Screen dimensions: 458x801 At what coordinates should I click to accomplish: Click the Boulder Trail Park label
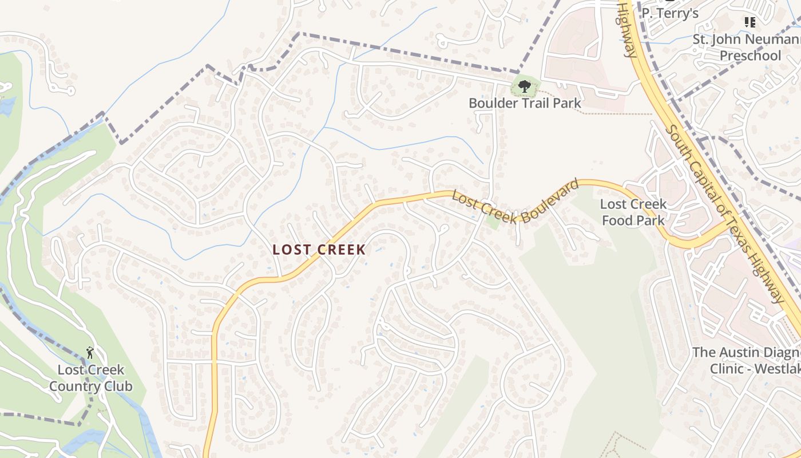click(525, 103)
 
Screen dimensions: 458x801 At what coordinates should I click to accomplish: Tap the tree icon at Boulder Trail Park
click(524, 87)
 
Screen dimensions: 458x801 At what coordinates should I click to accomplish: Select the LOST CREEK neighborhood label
click(319, 250)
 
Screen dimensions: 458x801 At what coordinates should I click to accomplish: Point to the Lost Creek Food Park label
click(633, 212)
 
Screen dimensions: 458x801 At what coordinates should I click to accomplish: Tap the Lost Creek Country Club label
click(90, 378)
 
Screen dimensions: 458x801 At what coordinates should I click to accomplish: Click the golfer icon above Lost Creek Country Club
click(89, 352)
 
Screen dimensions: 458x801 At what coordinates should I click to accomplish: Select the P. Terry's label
click(670, 13)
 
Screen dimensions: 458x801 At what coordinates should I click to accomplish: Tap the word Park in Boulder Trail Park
click(567, 103)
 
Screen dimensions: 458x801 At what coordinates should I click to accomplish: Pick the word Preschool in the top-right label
click(750, 56)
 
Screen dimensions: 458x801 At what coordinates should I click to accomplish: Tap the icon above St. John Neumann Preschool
click(750, 22)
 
